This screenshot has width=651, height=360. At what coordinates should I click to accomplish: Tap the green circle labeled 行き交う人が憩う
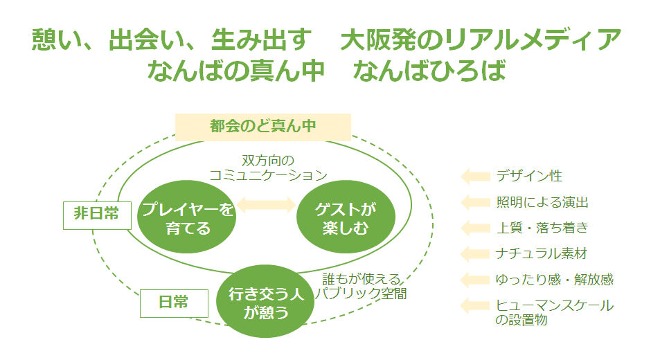click(267, 303)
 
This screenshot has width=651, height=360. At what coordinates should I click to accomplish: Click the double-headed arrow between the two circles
click(267, 204)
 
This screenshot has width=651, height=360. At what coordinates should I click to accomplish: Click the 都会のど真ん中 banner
click(263, 127)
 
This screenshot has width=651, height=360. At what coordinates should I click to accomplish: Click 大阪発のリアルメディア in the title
click(481, 40)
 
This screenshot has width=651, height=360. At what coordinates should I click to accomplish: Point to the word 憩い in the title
click(57, 40)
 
